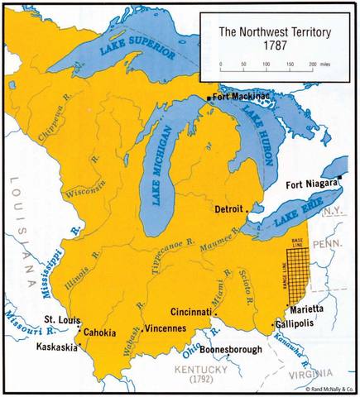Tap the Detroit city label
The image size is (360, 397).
(x=230, y=209)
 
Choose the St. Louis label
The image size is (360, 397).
(x=60, y=318)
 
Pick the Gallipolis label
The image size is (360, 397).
(x=305, y=324)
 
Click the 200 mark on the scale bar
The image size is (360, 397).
(x=312, y=62)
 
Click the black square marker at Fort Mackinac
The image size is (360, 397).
(x=208, y=98)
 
